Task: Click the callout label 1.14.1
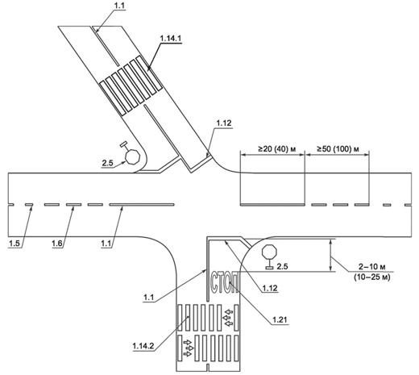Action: tap(171, 39)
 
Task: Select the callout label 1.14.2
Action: tap(143, 346)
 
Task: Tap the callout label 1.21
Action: tap(280, 320)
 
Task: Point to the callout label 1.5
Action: tap(15, 244)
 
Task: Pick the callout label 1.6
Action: tap(57, 244)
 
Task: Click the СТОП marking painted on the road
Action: tap(224, 283)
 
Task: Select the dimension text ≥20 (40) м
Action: tap(276, 149)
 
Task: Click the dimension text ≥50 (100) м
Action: tap(338, 149)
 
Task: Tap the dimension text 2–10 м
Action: tap(372, 267)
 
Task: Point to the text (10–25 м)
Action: tap(372, 277)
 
